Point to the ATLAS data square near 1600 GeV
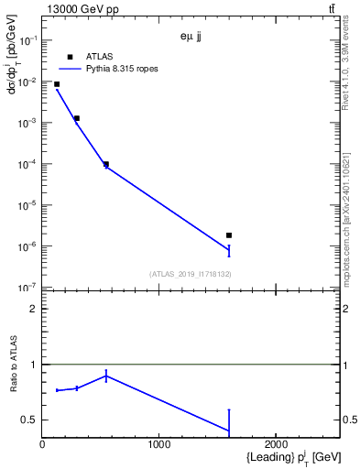(229, 235)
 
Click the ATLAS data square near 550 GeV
(106, 165)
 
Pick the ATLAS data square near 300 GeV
(77, 118)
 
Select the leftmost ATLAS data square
(57, 84)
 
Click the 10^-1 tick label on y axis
(27, 40)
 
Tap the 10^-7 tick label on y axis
(27, 288)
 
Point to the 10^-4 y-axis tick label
(27, 164)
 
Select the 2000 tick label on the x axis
(276, 444)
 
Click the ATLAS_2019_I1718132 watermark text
(190, 274)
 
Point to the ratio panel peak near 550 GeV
(106, 375)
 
